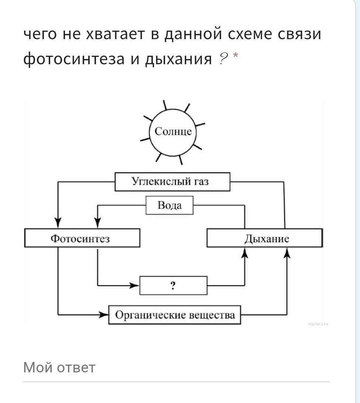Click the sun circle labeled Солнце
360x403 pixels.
coord(173,132)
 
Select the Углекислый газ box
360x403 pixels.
coord(172,182)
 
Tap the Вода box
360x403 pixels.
coord(169,205)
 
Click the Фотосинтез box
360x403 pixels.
coord(82,238)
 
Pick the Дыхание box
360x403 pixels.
coord(264,238)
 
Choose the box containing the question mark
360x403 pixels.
coord(173,286)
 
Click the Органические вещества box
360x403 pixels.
coord(174,315)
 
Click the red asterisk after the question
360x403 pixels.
coord(235,56)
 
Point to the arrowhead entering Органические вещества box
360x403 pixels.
coord(104,315)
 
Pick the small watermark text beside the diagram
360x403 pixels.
coord(318,324)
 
